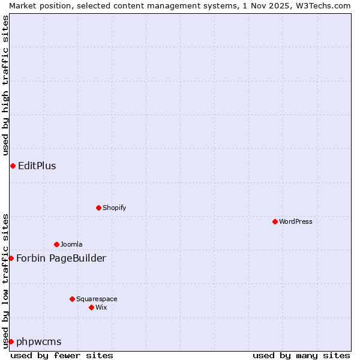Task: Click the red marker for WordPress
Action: coord(275,221)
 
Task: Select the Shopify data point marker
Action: coord(98,208)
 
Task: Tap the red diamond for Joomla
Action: coord(56,244)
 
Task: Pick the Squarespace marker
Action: coord(72,299)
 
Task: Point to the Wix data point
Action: coord(91,307)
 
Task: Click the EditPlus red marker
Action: coord(13,166)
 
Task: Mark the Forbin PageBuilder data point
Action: coord(11,258)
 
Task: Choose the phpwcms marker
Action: coord(11,341)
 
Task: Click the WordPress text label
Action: coord(296,221)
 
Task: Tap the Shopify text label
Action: coord(115,208)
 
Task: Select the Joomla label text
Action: coord(71,244)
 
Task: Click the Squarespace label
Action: coord(97,299)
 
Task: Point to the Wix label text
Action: coord(101,307)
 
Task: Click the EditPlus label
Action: coord(37,166)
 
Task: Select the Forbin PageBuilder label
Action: coord(61,258)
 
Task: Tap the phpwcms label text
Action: coord(39,341)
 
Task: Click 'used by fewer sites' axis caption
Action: coord(62,355)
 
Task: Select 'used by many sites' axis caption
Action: coord(301,355)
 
